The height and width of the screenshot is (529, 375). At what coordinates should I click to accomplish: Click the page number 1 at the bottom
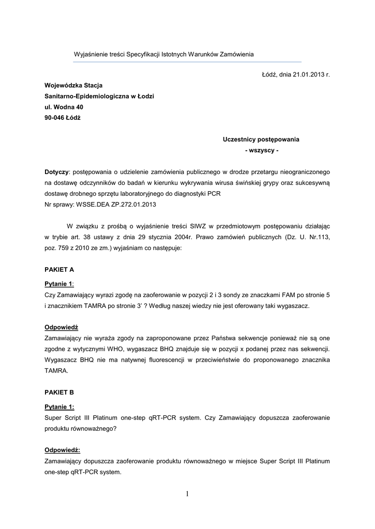coord(187,494)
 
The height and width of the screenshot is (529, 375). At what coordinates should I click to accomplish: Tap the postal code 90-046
coord(54,117)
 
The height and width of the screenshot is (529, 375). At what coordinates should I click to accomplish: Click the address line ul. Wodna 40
coord(64,107)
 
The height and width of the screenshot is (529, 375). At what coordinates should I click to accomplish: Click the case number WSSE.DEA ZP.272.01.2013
coord(115,205)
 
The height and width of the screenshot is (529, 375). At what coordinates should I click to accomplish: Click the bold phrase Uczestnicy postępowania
coord(261,139)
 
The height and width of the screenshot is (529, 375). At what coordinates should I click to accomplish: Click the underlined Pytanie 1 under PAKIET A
coord(58,284)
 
